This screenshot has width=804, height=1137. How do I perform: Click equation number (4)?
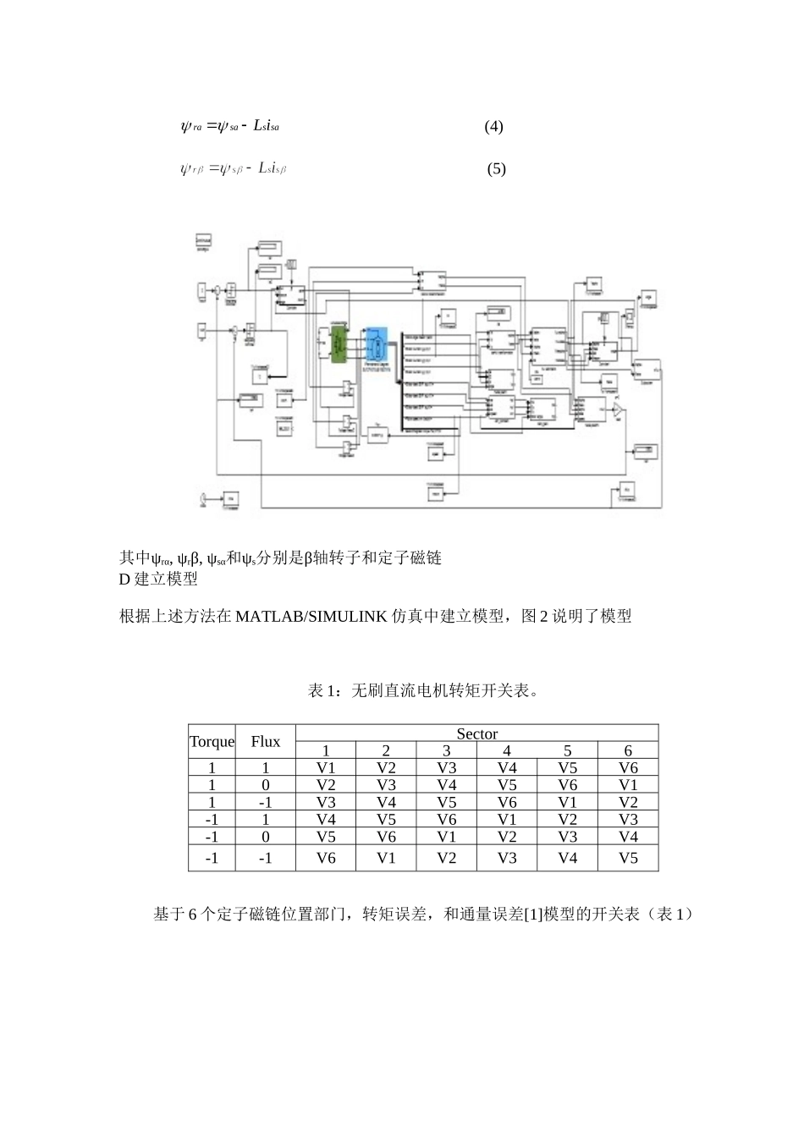(493, 127)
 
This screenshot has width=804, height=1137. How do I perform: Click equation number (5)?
(496, 168)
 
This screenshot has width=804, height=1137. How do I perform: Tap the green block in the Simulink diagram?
(339, 346)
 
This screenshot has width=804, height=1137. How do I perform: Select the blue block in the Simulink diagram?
(376, 347)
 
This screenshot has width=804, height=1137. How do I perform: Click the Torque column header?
(212, 742)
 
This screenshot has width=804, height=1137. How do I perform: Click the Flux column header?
(265, 742)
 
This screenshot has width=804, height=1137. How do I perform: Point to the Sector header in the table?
(476, 733)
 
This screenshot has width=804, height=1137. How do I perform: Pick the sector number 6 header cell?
(628, 750)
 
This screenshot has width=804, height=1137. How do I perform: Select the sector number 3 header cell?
(447, 750)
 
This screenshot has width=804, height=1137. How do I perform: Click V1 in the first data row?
(326, 768)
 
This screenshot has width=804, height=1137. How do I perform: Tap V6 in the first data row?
(628, 768)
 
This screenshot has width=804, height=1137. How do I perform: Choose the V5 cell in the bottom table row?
(628, 858)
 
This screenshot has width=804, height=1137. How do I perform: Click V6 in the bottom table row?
(326, 858)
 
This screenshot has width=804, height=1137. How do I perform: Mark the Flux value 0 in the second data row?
(265, 785)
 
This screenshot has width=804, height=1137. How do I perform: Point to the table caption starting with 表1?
(423, 691)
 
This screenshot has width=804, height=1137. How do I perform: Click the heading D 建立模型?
(159, 579)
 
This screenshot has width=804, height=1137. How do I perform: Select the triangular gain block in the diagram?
(620, 411)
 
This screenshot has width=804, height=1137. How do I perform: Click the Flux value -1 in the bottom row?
(265, 858)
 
